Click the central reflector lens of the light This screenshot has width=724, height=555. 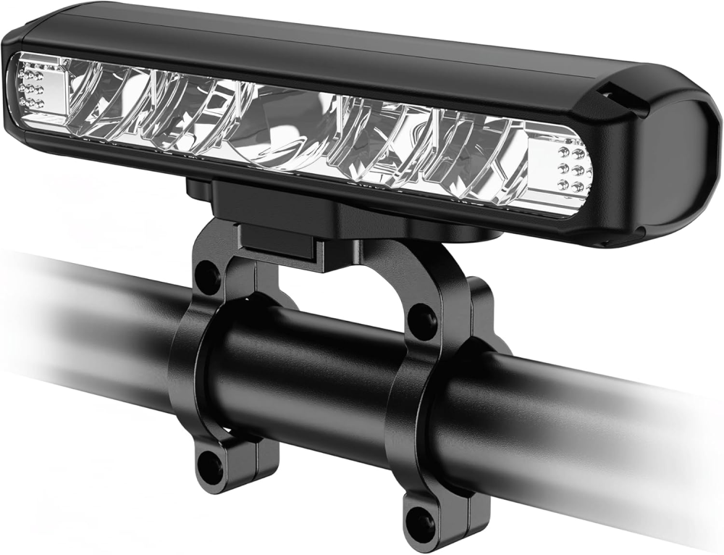pos(290,120)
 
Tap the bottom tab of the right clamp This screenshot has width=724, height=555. pos(427,518)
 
